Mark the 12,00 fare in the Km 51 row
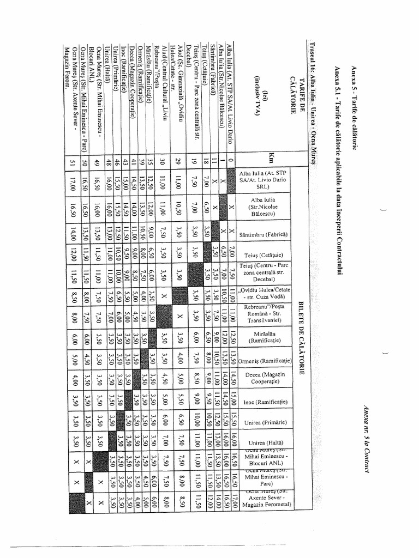(x=73, y=253)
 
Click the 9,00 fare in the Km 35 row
(x=150, y=235)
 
